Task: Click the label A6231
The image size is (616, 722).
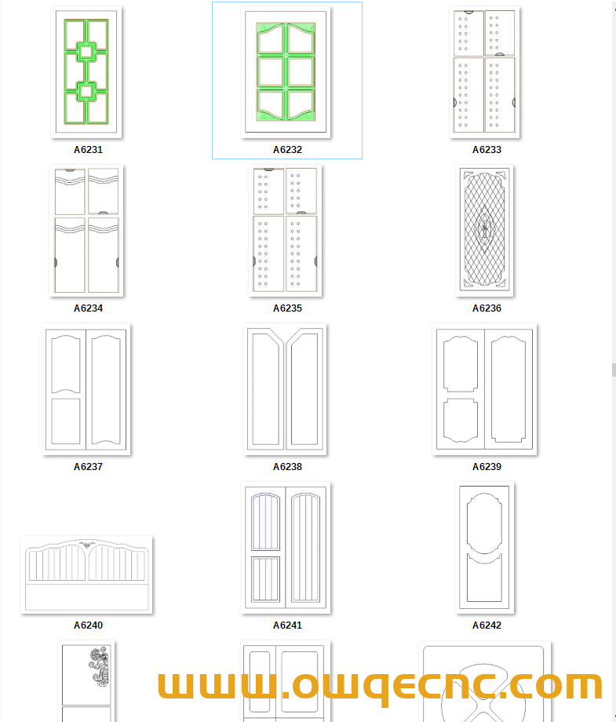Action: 88,150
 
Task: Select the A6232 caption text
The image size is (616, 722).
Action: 287,150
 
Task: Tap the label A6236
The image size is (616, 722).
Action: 487,308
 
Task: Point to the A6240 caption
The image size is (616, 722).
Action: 88,625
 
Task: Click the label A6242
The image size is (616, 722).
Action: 487,625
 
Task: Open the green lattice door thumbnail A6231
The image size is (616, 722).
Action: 86,72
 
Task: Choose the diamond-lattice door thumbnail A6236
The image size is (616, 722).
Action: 485,230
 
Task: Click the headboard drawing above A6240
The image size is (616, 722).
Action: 86,574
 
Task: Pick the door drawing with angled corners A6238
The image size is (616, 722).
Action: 286,389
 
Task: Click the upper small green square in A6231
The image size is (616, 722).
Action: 86,52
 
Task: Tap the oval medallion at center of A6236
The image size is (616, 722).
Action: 485,229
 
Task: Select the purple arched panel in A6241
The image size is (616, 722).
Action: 266,522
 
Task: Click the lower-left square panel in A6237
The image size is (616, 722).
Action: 66,421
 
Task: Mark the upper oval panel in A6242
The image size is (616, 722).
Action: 484,523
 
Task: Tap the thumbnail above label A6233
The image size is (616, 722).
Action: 484,72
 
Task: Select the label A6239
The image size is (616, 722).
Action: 487,466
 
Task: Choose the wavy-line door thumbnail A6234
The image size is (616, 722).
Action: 86,230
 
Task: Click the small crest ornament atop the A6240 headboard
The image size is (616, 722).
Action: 86,545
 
